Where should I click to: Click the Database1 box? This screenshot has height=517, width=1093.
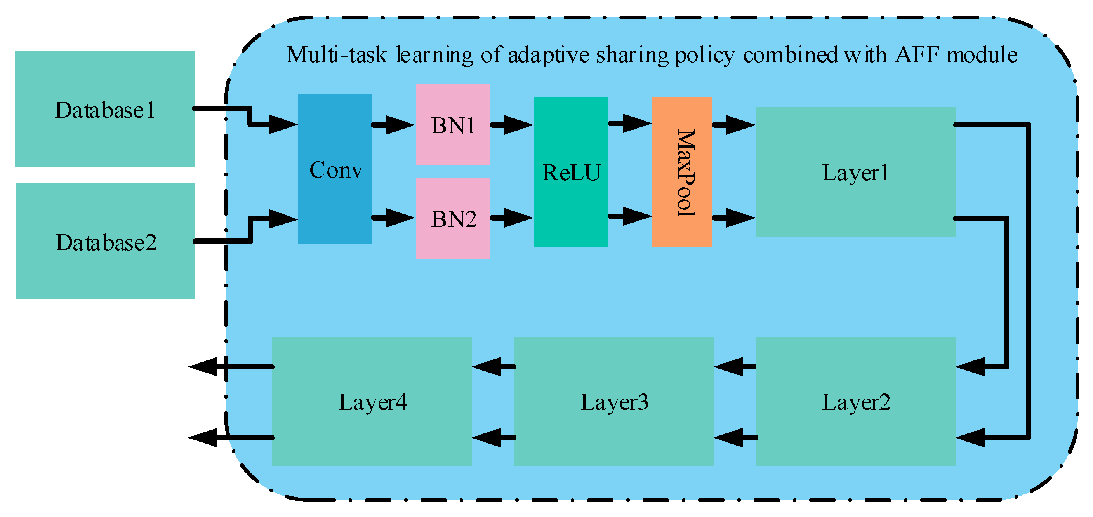click(104, 109)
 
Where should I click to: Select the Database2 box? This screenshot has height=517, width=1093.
click(105, 241)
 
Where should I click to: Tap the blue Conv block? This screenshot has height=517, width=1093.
click(335, 169)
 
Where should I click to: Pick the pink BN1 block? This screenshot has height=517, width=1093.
click(453, 124)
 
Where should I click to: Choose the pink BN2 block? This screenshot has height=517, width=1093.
click(453, 218)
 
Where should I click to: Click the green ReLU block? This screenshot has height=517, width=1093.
click(571, 171)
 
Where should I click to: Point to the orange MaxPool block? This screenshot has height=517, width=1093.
click(681, 171)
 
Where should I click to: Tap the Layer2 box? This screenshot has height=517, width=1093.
click(855, 401)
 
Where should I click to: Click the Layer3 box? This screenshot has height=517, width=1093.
click(613, 401)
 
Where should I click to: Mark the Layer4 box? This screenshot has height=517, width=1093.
click(372, 401)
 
